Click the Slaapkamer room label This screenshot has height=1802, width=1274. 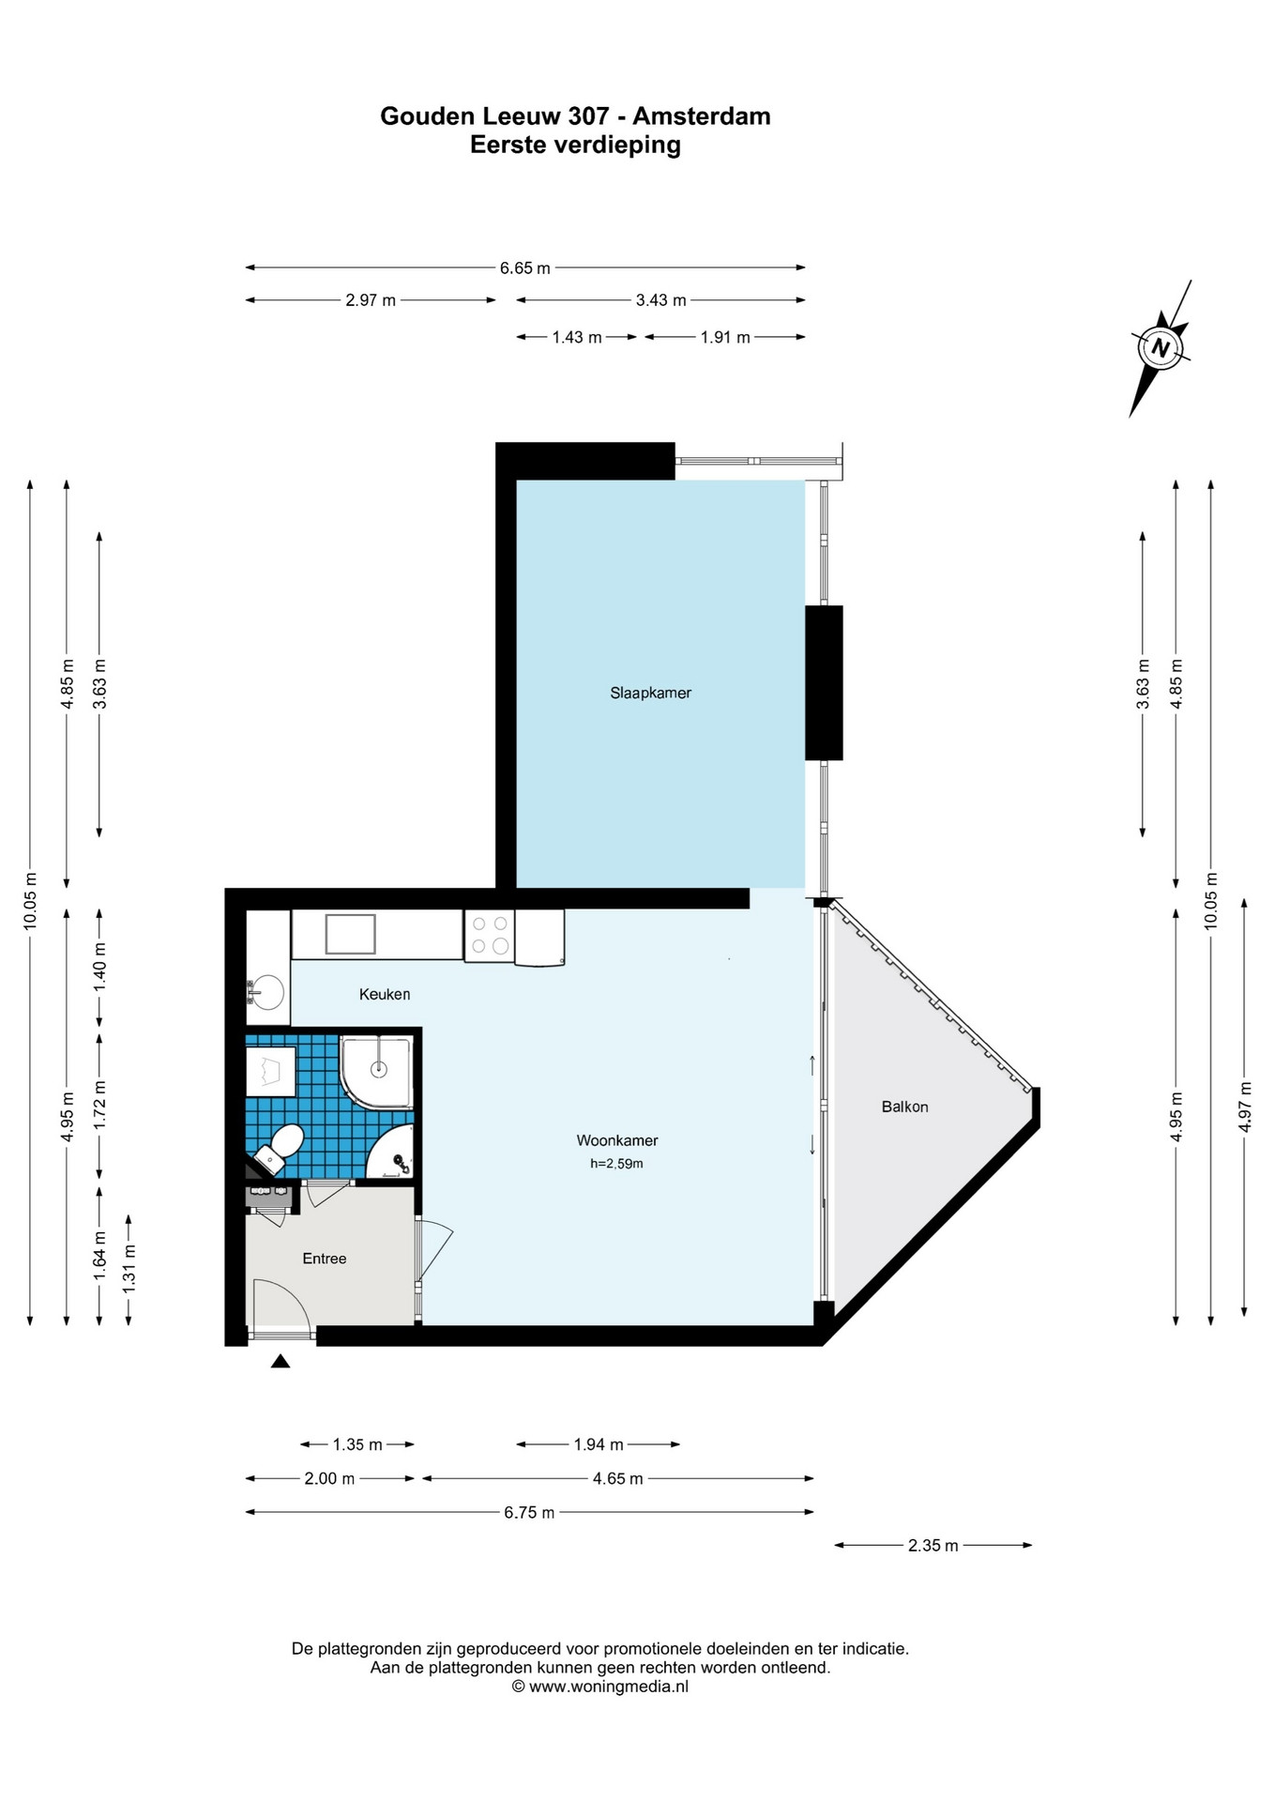(650, 693)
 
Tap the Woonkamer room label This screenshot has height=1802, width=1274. (617, 1140)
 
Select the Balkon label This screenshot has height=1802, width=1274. (904, 1107)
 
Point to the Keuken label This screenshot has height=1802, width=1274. (385, 994)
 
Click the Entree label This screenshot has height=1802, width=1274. (325, 1259)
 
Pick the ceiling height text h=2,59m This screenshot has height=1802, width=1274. (616, 1164)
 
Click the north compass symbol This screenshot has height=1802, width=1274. (1160, 348)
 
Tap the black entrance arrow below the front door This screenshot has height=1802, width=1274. (280, 1361)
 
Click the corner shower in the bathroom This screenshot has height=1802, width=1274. (376, 1072)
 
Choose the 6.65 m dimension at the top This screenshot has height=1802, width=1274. (525, 267)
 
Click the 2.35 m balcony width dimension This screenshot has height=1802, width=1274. (933, 1545)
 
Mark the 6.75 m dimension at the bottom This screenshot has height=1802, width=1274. (529, 1512)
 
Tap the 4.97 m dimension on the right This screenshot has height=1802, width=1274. (1245, 1107)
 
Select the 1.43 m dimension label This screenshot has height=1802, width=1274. (577, 337)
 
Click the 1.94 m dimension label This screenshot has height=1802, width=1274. (599, 1444)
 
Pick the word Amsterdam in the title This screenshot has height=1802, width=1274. (702, 116)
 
